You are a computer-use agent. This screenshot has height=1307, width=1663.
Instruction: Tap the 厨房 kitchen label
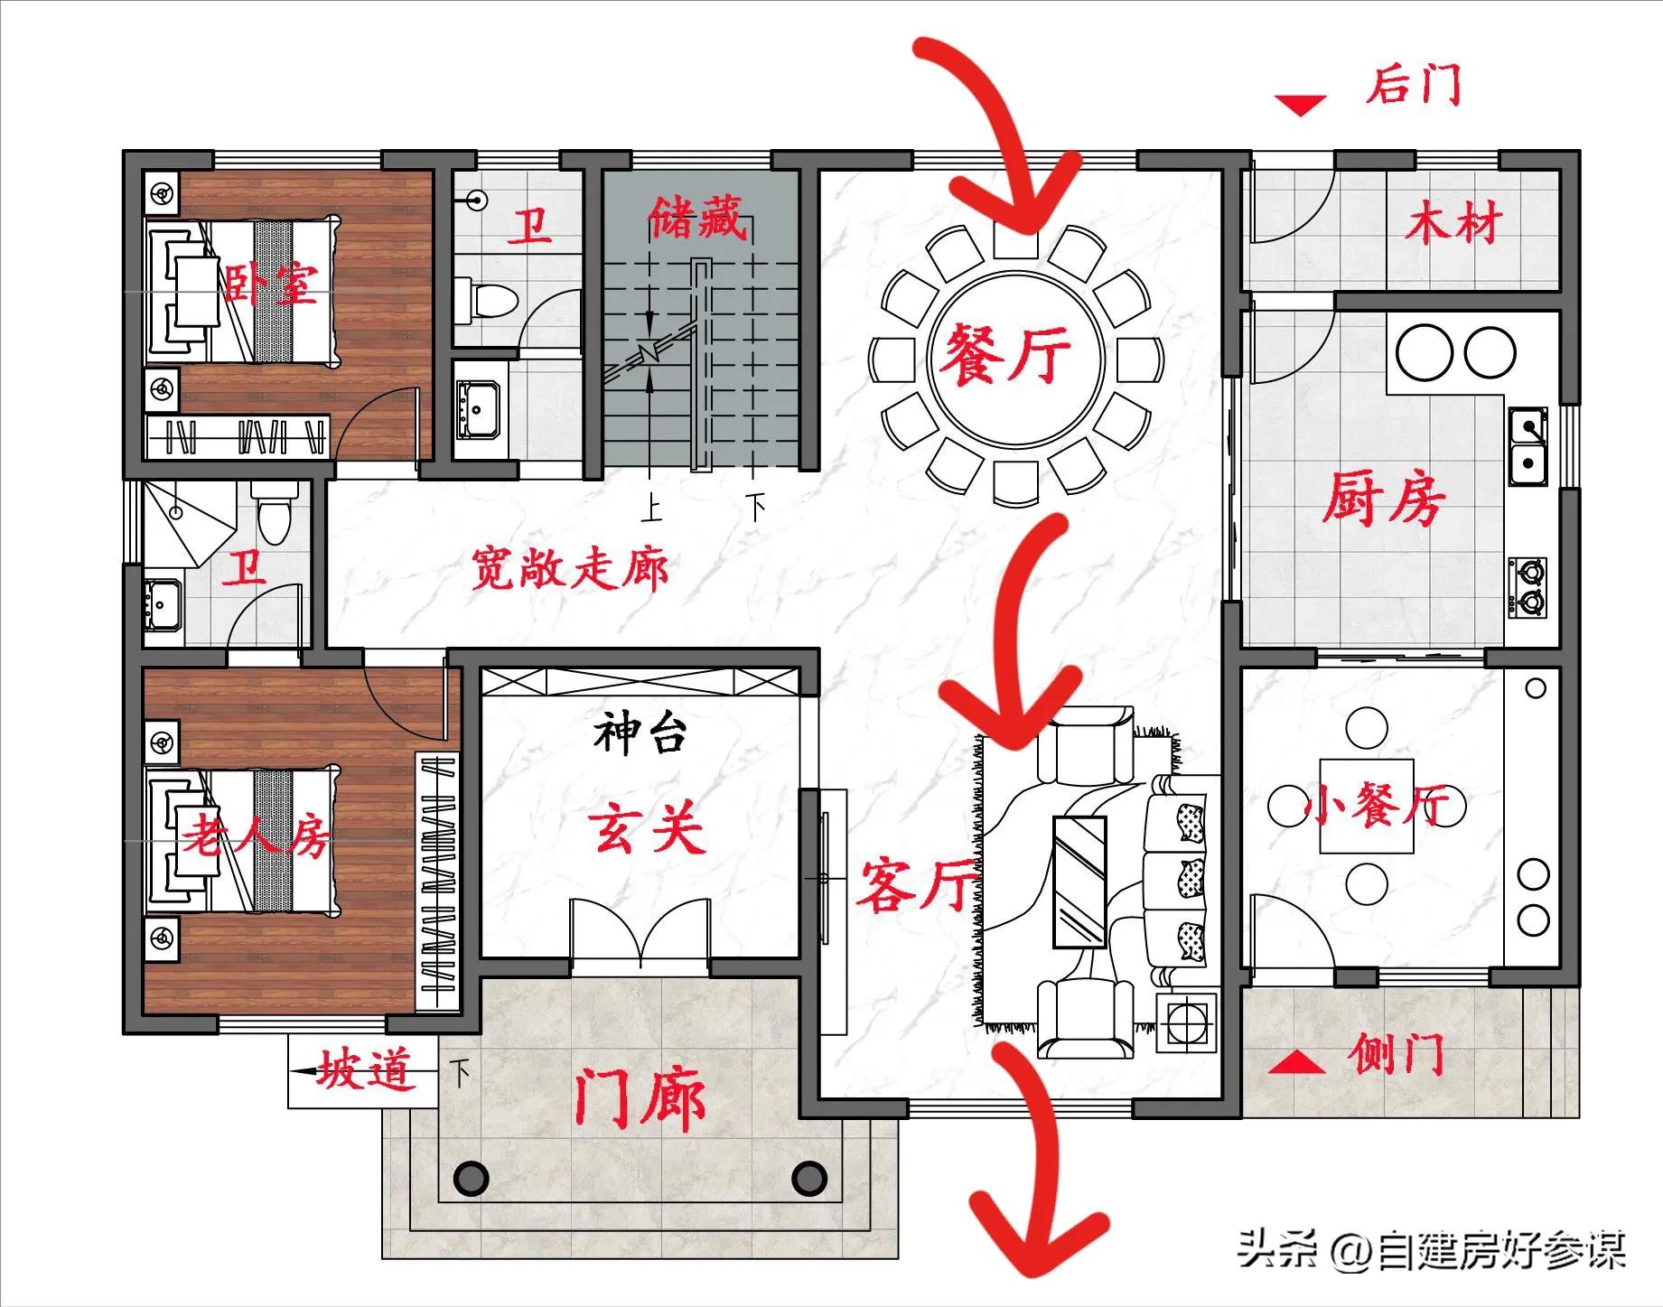(x=1383, y=499)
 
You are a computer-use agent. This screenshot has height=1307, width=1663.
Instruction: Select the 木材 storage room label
(x=1452, y=222)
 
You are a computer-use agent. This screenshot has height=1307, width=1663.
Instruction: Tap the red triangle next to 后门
(x=1301, y=105)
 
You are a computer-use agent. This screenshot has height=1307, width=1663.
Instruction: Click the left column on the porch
(x=471, y=1177)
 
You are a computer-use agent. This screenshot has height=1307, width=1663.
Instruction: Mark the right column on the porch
(x=808, y=1177)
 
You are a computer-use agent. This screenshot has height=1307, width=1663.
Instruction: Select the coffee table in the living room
(x=1079, y=881)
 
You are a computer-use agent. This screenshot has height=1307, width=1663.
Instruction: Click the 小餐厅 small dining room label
(x=1375, y=807)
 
